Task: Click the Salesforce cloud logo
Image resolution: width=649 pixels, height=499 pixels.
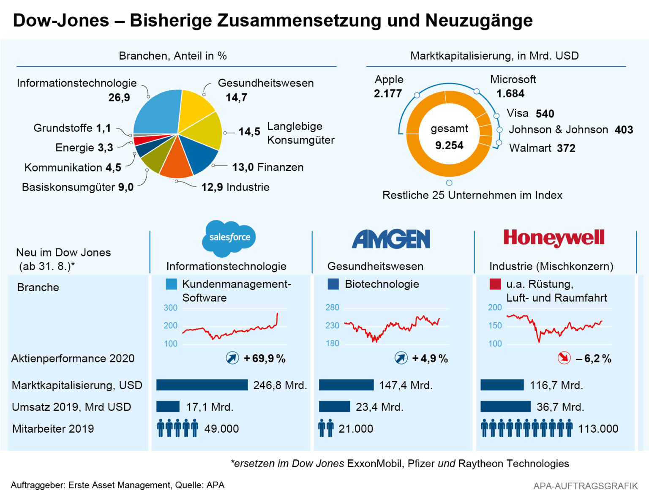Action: point(229,238)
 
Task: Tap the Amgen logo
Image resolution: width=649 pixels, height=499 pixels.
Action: point(391,239)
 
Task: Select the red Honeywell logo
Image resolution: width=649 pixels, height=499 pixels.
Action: point(554,238)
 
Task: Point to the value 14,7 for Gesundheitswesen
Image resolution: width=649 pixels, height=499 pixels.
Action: point(236,98)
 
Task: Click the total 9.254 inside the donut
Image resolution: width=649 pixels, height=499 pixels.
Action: point(449,145)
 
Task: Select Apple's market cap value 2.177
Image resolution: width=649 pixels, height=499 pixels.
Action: point(387,93)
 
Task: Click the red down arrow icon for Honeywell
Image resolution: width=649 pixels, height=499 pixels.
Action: point(564,358)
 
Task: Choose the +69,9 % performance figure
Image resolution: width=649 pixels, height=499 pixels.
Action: point(265,359)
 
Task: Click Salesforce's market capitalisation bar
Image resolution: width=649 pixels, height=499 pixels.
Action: point(202,385)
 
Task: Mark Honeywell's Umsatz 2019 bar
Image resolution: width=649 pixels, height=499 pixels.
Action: point(505,406)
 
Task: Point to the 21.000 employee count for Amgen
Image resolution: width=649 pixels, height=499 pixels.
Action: point(356,429)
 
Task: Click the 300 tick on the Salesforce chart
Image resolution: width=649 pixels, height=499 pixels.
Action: point(171,308)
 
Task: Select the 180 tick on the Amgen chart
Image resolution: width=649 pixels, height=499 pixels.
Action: point(332,344)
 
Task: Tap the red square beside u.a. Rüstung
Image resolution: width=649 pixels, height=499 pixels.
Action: point(495,284)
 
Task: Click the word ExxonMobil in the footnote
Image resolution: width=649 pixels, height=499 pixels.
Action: point(374,464)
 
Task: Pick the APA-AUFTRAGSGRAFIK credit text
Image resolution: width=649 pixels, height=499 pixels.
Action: point(585,486)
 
